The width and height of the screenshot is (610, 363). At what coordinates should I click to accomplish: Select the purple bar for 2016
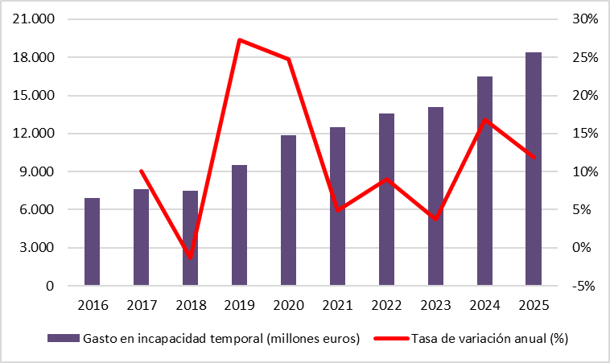93,241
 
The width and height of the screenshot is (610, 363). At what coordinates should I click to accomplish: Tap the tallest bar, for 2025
534,169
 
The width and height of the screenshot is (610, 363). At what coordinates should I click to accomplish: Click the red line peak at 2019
240,39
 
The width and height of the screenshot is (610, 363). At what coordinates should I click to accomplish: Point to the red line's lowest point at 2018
191,258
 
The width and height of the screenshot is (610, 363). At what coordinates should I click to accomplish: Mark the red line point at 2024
484,120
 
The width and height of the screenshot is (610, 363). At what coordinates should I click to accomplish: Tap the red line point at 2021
338,210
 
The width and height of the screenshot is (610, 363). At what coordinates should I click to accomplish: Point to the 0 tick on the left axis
50,286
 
